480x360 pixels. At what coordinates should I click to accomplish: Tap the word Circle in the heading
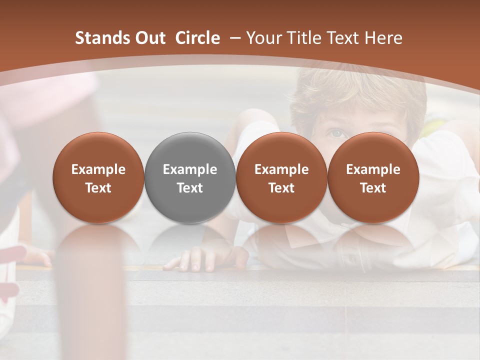tap(197, 38)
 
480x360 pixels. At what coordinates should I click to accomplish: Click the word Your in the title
tap(263, 38)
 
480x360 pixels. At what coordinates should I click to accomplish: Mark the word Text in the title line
tap(341, 38)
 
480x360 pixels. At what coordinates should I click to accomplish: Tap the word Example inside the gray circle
tap(190, 169)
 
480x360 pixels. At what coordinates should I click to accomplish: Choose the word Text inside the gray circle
tap(190, 188)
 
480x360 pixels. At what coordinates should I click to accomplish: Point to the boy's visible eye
tap(336, 133)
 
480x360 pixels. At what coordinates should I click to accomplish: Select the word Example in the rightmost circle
tap(373, 169)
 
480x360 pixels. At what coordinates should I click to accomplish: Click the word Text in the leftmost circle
tap(98, 188)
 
